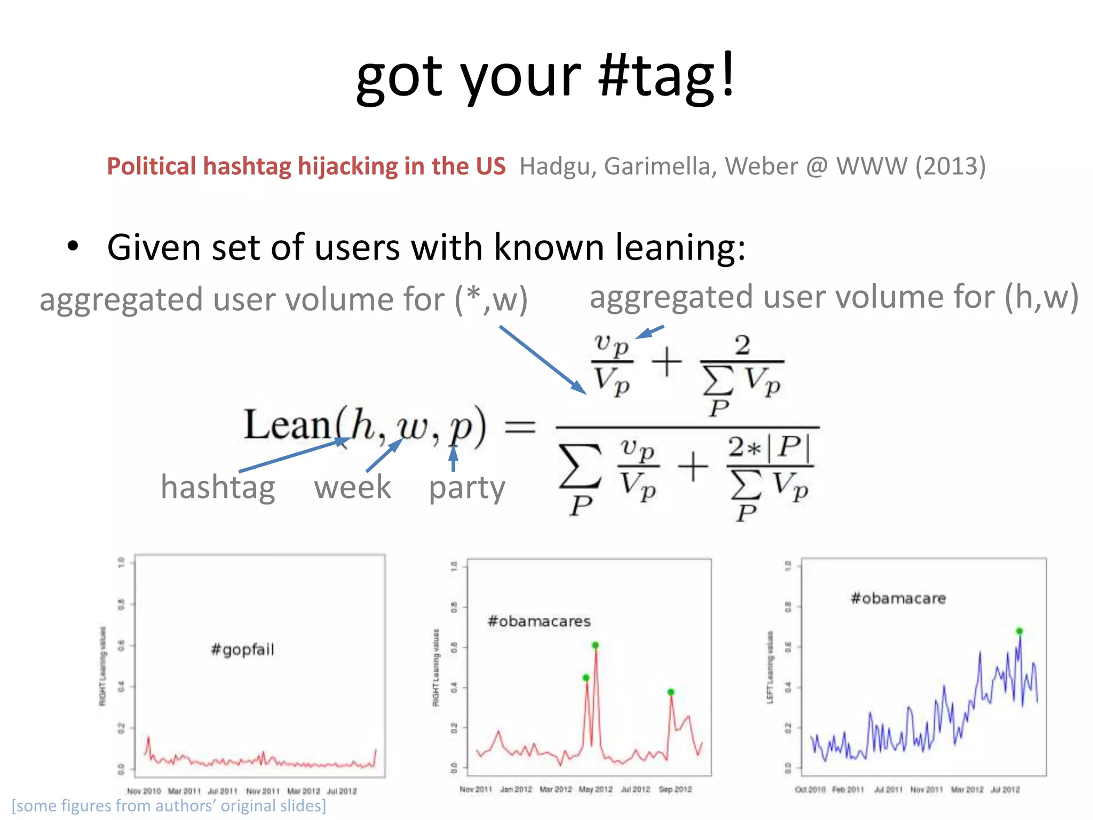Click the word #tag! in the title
coord(667,77)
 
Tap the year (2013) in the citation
coord(951,166)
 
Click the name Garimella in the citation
coord(661,166)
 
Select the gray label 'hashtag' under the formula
coord(218,487)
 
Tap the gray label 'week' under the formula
coord(352,487)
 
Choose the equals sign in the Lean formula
coord(520,427)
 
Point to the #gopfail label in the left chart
coord(243,650)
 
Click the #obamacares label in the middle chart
coord(539,621)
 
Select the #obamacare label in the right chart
coord(898,598)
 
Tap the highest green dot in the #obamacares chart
coord(596,645)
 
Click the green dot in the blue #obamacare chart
coord(1019,631)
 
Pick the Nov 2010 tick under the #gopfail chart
coord(144,791)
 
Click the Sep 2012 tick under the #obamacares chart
coord(675,790)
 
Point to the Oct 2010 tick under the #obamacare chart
coord(810,790)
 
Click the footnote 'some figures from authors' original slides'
coord(169,806)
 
